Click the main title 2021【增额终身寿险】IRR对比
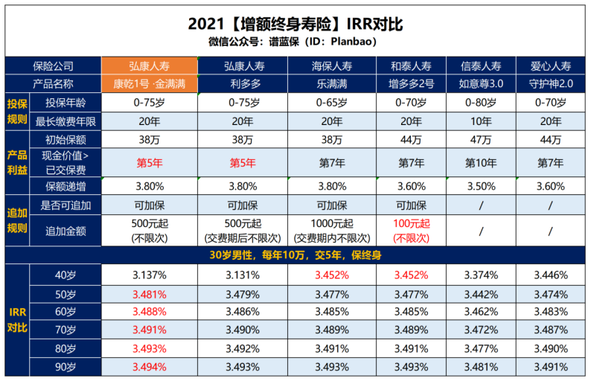pyautogui.click(x=295, y=24)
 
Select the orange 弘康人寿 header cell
pyautogui.click(x=150, y=65)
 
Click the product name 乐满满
pyautogui.click(x=332, y=83)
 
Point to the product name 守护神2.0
pyautogui.click(x=552, y=83)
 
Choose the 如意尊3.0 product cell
pyautogui.click(x=482, y=83)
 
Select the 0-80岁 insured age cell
pyautogui.click(x=482, y=102)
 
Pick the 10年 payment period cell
pyautogui.click(x=482, y=121)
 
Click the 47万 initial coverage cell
pyautogui.click(x=482, y=139)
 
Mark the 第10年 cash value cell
pyautogui.click(x=482, y=161)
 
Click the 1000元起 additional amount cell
pyautogui.click(x=332, y=231)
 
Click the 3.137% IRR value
pyautogui.click(x=150, y=275)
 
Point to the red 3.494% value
pyautogui.click(x=150, y=367)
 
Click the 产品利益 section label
pyautogui.click(x=16, y=162)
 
